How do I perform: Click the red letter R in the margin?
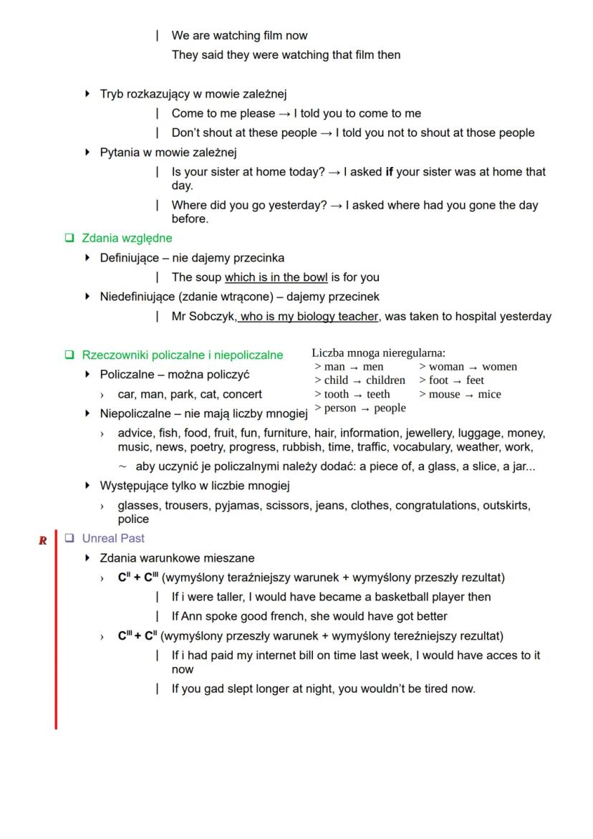43,541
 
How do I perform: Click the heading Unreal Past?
112,538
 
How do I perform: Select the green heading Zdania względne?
127,238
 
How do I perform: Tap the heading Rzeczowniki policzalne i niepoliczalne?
182,355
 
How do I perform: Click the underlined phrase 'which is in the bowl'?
276,277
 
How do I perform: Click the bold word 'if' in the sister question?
390,172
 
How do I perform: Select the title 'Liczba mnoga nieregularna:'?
378,353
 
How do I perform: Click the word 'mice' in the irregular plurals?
489,394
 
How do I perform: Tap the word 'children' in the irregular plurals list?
385,380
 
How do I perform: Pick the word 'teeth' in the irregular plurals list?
378,394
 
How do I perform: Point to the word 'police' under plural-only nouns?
133,519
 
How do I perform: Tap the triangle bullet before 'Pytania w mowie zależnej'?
88,152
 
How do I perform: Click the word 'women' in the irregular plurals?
499,367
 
